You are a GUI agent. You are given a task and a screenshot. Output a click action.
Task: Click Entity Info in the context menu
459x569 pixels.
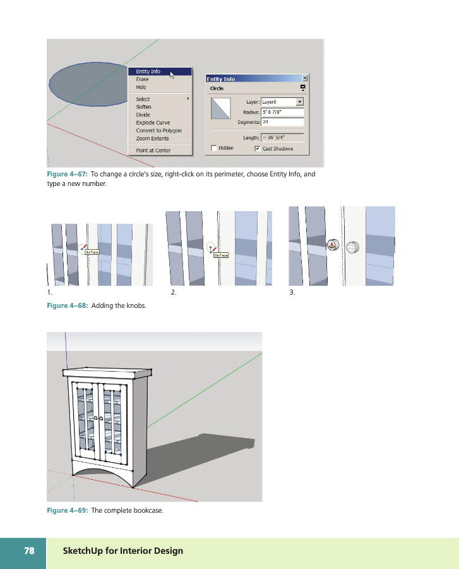[148, 72]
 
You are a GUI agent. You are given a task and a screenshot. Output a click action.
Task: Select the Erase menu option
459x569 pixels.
[143, 80]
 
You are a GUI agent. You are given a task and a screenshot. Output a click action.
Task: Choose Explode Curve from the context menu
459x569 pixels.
[153, 123]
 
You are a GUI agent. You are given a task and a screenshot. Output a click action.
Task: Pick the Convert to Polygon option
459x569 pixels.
[158, 130]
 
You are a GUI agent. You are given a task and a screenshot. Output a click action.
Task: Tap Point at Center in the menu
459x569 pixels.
[153, 150]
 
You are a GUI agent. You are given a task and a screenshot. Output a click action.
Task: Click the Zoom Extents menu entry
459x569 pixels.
[152, 138]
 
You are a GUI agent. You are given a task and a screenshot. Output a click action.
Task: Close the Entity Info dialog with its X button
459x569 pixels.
[305, 78]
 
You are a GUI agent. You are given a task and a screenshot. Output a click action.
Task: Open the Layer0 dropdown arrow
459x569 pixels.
[300, 101]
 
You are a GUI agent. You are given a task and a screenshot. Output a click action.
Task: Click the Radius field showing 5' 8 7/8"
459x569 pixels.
[282, 112]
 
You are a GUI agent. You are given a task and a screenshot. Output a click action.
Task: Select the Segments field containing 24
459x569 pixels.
[282, 122]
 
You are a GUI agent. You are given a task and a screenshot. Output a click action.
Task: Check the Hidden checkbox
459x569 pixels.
[215, 148]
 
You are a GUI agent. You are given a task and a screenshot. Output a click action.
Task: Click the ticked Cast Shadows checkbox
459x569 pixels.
[258, 148]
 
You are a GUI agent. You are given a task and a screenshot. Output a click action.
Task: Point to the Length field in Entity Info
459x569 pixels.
[282, 137]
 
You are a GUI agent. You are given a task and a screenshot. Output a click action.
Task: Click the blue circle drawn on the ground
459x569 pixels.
[88, 83]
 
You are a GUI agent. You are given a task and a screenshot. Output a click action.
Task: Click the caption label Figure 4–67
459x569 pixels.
[66, 174]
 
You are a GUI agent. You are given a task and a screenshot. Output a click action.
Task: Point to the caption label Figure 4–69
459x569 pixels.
[66, 511]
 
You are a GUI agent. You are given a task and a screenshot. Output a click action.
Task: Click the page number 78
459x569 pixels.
[29, 551]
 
